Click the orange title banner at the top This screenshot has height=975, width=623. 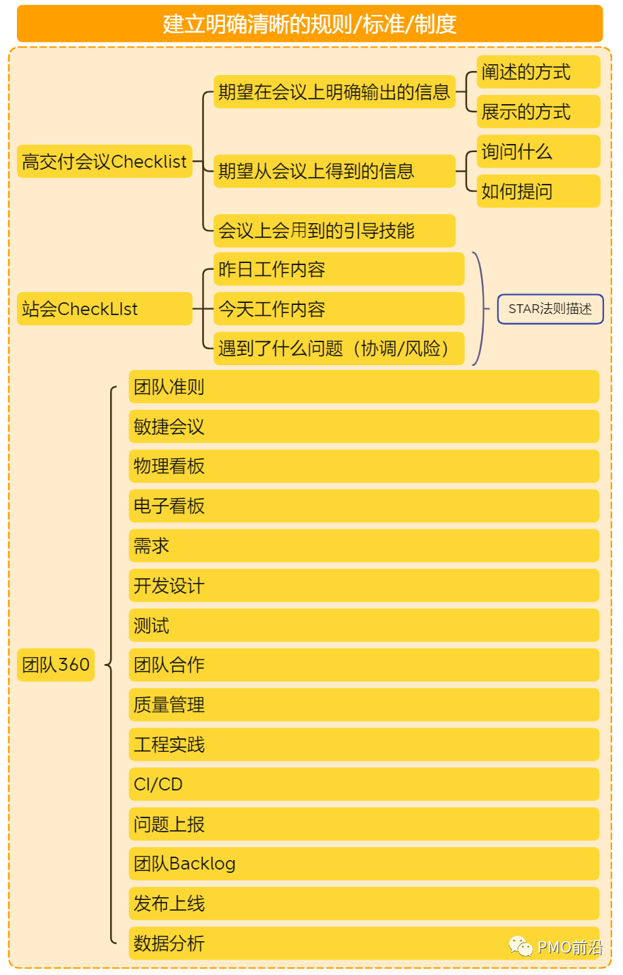309,24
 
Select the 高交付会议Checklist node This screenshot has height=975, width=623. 105,162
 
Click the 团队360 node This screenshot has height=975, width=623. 55,665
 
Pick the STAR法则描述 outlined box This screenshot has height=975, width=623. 550,309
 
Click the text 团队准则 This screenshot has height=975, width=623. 169,387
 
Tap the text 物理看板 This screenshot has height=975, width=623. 169,467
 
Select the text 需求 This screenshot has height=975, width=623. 151,546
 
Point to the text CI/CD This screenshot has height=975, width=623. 158,784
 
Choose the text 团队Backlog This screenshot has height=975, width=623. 184,864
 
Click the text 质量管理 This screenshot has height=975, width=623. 169,705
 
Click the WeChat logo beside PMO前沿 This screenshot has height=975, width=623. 521,946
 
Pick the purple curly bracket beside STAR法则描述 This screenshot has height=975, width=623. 480,309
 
